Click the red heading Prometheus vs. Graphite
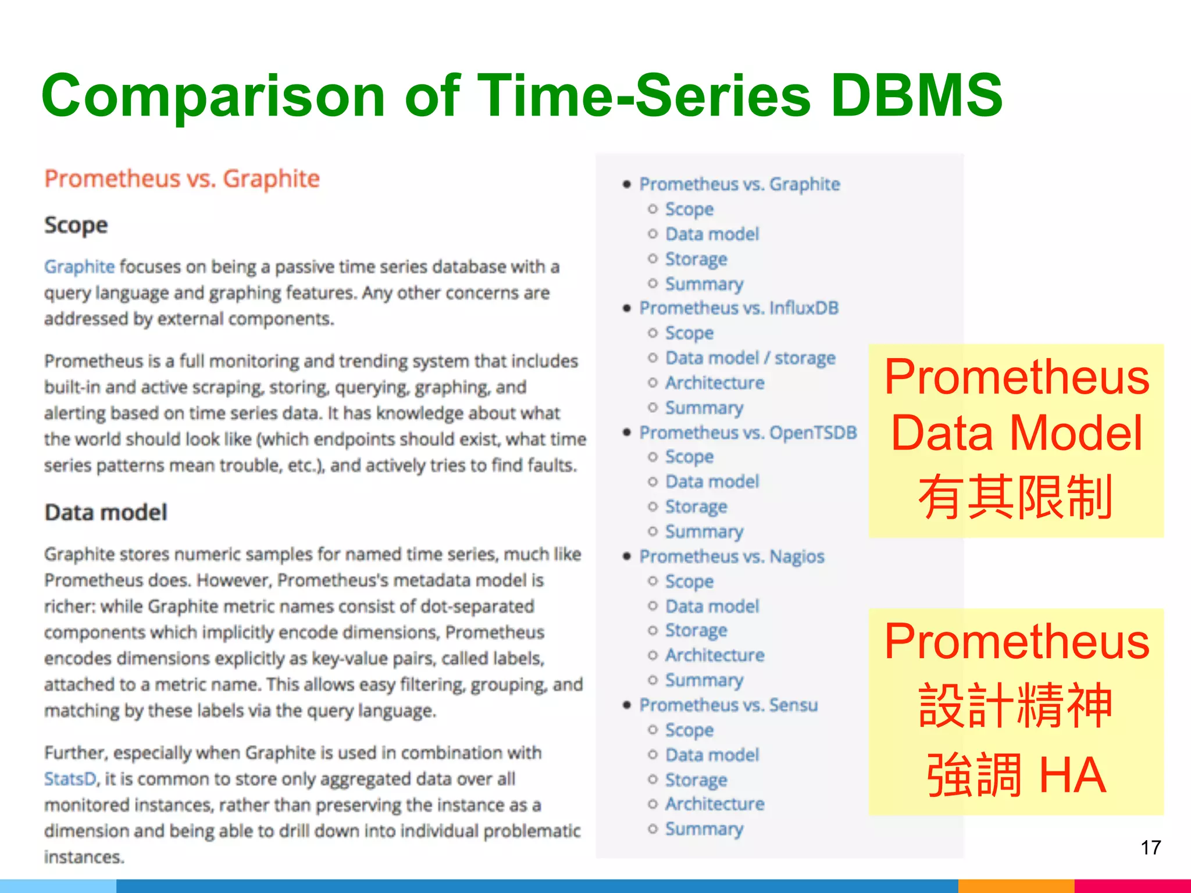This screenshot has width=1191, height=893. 182,178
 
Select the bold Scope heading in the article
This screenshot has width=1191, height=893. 76,225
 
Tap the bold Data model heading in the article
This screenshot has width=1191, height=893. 106,512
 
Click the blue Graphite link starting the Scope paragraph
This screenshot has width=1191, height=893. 80,267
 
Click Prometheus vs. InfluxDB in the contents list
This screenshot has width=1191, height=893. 739,308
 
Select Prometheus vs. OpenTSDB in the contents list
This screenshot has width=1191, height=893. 748,433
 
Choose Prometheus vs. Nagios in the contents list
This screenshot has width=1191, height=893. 732,556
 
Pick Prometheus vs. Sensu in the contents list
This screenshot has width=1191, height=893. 728,705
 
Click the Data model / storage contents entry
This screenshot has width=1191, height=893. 750,358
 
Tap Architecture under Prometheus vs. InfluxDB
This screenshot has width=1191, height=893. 715,383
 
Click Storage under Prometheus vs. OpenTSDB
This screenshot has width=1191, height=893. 696,506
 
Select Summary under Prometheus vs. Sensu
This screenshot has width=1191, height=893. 704,828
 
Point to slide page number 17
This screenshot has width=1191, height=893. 1150,848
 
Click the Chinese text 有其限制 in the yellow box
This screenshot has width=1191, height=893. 1015,497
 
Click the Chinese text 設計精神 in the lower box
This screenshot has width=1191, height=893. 1015,706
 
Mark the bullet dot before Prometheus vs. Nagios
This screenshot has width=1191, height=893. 626,556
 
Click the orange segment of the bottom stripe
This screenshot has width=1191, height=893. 1015,886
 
